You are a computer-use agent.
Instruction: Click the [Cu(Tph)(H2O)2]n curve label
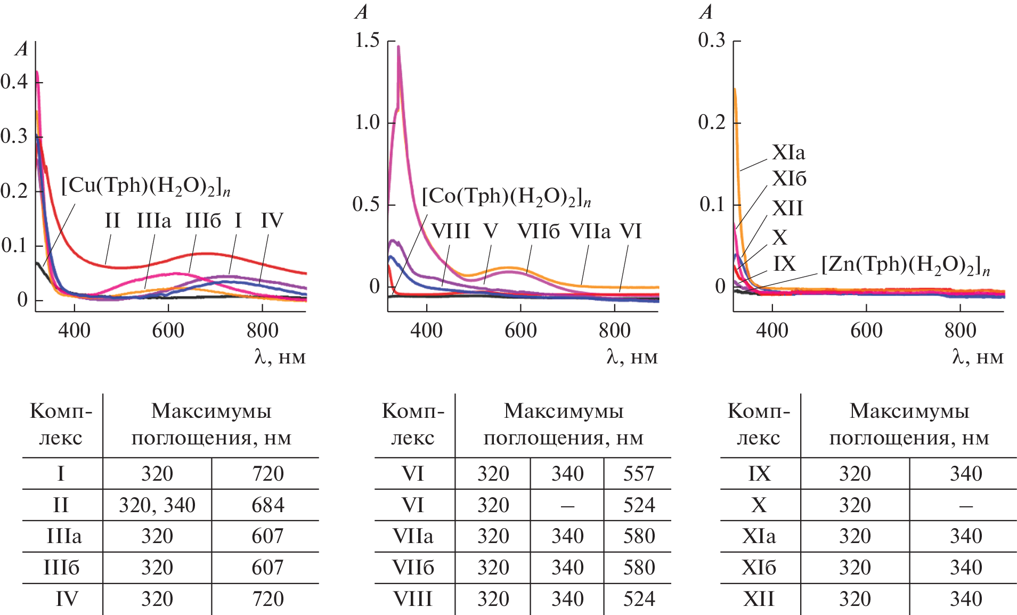click(x=145, y=187)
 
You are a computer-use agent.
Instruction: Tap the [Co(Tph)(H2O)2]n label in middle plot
click(x=506, y=197)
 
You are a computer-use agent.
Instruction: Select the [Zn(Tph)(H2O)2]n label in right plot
click(x=905, y=265)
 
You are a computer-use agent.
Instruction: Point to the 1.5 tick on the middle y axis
click(x=368, y=41)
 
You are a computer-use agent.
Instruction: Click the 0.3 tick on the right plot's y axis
click(x=712, y=41)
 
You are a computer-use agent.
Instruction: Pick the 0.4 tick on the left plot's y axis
click(x=14, y=82)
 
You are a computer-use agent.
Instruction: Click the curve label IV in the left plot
click(x=272, y=221)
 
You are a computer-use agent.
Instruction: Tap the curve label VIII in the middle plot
click(x=450, y=231)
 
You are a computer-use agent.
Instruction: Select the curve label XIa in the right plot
click(x=788, y=153)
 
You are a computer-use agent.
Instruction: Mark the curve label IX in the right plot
click(x=784, y=264)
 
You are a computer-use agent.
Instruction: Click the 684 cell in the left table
click(x=267, y=505)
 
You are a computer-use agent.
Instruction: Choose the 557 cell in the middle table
click(x=638, y=474)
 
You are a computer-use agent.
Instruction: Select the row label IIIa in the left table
click(x=64, y=536)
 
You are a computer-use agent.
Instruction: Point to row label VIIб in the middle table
click(x=413, y=568)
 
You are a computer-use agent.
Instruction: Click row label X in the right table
click(x=759, y=505)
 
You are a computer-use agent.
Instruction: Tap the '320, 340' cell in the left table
click(x=157, y=505)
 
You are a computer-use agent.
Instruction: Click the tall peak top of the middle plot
click(x=398, y=47)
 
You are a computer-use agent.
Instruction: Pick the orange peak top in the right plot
click(x=735, y=89)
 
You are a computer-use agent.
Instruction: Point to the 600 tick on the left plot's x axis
click(x=168, y=330)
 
